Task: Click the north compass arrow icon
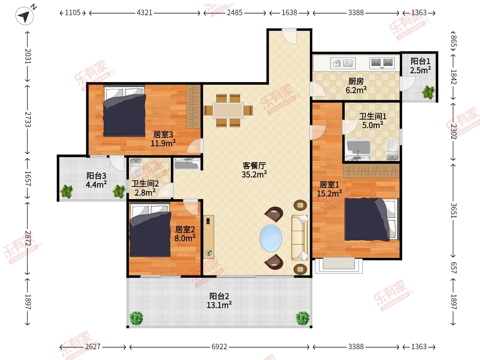click(24, 16)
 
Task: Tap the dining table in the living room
click(228, 110)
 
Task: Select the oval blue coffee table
click(271, 238)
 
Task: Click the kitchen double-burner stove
click(382, 63)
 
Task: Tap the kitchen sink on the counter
click(343, 63)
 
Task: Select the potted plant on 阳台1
click(428, 92)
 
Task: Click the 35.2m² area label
click(254, 175)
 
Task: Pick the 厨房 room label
click(356, 82)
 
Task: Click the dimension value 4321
click(144, 13)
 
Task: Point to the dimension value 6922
click(219, 347)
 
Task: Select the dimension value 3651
click(454, 210)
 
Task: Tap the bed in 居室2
click(150, 230)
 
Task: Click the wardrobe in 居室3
click(193, 106)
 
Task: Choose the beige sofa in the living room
click(300, 238)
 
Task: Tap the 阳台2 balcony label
click(219, 296)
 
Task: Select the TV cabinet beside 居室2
click(208, 237)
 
